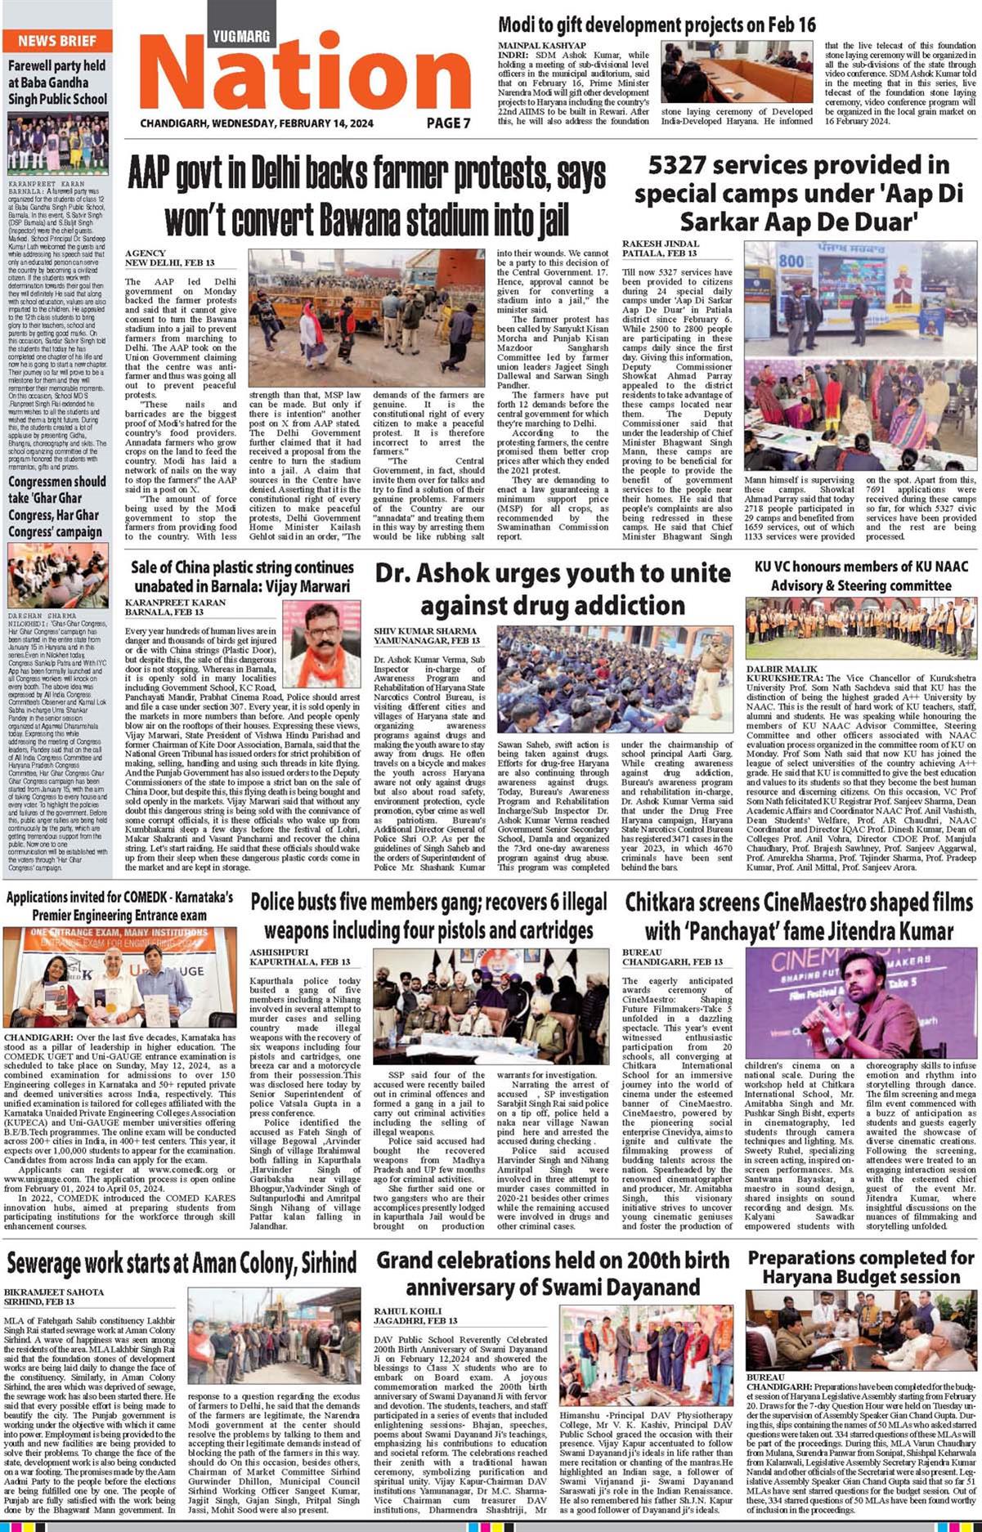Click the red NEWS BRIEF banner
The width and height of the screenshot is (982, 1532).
pos(56,40)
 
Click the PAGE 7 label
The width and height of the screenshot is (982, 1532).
pos(448,123)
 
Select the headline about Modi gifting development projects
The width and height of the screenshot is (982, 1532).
pos(657,25)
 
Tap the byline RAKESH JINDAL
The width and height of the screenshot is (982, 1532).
pos(661,244)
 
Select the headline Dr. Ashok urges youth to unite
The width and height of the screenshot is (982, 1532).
pos(553,589)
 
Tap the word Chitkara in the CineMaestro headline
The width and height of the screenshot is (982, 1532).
pos(664,903)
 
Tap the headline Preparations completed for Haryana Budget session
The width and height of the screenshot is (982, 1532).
pos(861,1267)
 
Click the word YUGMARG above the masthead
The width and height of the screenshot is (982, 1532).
pos(241,37)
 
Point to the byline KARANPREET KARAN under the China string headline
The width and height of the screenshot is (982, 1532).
pos(175,602)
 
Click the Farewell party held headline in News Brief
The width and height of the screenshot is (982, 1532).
pos(57,83)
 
